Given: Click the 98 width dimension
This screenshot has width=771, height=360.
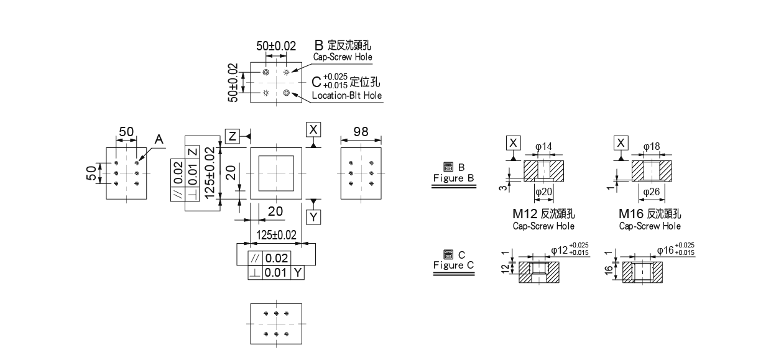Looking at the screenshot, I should click(x=361, y=132).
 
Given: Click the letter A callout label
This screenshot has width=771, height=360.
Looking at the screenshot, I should click(x=159, y=141).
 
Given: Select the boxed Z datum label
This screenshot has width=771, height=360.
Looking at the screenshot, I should click(x=231, y=136).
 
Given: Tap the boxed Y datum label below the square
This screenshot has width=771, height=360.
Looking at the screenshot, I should click(x=313, y=217).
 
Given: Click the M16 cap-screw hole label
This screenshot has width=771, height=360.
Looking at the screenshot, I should click(x=650, y=215).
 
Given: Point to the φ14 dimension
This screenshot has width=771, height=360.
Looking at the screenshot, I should click(x=543, y=147).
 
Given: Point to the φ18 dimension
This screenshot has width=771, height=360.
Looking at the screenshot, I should click(x=652, y=147).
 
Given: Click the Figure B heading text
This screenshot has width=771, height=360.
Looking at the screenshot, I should click(x=453, y=173).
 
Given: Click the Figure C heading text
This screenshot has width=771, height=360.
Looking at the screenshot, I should click(x=453, y=260).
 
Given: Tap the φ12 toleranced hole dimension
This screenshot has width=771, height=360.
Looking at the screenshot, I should click(x=570, y=250).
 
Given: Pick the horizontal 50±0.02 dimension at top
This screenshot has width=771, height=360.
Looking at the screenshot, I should click(x=276, y=46).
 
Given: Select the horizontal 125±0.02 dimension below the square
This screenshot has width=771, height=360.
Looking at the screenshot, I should click(x=276, y=234).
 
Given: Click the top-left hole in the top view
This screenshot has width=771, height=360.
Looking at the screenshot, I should click(x=265, y=72).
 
